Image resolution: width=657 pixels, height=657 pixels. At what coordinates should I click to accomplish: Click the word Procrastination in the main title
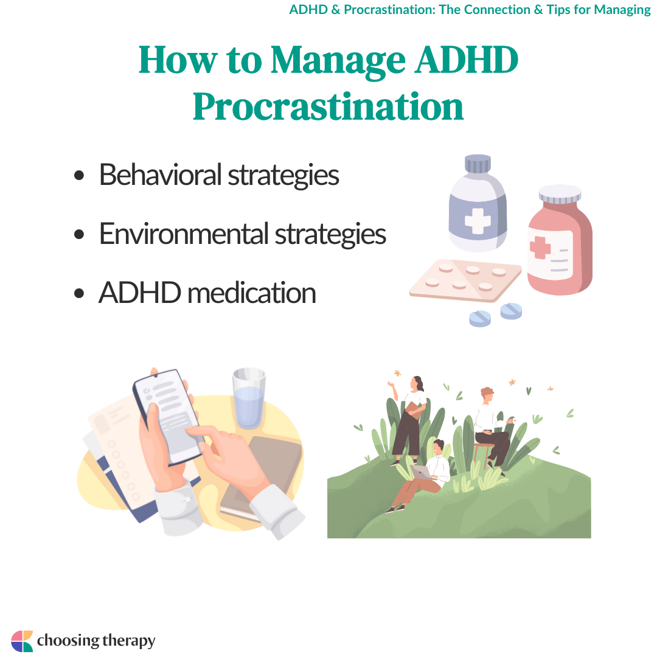328,106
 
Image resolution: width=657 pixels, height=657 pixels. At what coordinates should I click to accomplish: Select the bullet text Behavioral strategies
219,175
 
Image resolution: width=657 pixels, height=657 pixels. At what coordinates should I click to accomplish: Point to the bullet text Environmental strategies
242,234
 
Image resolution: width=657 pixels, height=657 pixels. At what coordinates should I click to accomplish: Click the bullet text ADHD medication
207,293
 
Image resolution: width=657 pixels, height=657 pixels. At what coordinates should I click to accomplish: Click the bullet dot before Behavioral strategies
78,175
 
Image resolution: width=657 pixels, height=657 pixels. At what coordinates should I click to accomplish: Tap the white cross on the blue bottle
478,221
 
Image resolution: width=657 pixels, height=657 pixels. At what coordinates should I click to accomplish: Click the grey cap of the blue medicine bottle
478,164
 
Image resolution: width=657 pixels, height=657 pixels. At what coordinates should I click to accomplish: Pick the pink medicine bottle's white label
550,254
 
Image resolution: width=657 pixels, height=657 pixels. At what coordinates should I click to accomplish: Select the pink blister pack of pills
465,280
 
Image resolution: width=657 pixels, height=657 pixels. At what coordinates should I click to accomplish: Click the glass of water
249,398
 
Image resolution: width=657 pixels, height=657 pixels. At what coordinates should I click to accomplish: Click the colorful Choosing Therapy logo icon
22,641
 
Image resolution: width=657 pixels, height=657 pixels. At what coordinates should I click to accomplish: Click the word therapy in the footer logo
128,641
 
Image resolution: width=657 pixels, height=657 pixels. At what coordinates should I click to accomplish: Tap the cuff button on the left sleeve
187,499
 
